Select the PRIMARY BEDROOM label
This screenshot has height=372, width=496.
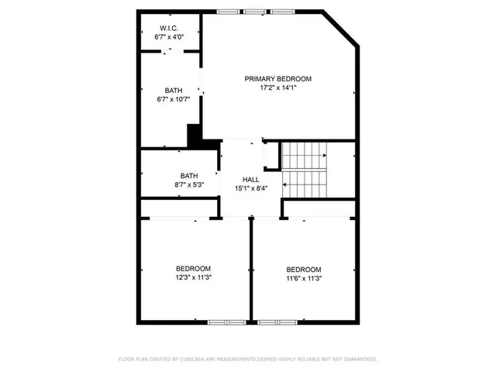[277, 79]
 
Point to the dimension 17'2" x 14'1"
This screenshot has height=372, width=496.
[277, 88]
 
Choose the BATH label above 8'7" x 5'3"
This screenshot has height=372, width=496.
[189, 175]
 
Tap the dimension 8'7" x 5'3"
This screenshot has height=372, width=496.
[189, 184]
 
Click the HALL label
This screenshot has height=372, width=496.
[250, 180]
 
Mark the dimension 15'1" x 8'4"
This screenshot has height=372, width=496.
[250, 189]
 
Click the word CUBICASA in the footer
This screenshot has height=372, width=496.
[197, 360]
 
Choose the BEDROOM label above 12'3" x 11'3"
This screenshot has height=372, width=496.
[193, 269]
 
